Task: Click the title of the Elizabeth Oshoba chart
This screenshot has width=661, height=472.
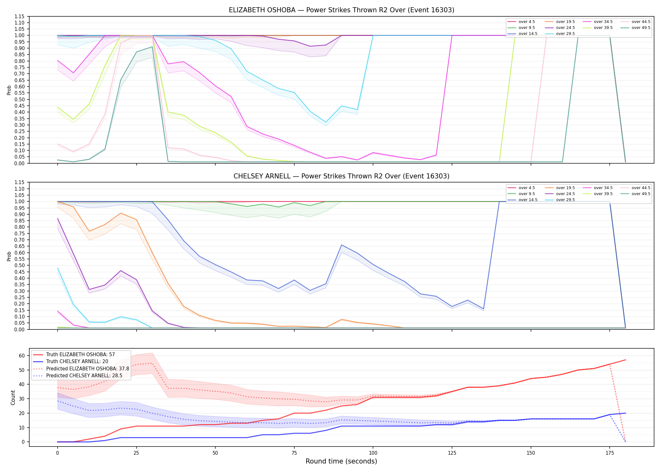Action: [x=342, y=10]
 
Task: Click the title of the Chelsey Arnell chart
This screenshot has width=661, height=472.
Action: [x=342, y=176]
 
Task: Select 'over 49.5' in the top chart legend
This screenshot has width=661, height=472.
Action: [x=641, y=28]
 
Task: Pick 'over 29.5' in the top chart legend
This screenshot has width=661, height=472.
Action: [x=565, y=34]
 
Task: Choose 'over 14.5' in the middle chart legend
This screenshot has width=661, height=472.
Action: [x=528, y=200]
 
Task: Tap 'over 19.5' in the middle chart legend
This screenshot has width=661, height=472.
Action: [x=565, y=188]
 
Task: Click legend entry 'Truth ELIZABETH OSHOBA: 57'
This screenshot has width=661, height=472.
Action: [x=81, y=355]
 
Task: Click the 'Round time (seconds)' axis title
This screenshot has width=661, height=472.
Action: [x=342, y=461]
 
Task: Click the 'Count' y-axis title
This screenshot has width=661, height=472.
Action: [x=13, y=397]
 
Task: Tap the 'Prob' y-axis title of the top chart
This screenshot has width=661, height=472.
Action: [x=9, y=90]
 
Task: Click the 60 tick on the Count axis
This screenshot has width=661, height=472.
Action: [x=22, y=356]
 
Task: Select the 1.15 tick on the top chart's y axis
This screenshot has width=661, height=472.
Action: [x=20, y=16]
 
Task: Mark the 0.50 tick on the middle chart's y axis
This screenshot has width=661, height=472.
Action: [x=20, y=265]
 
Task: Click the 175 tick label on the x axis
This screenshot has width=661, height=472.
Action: [x=610, y=453]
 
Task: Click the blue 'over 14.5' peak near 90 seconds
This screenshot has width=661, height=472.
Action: [x=342, y=245]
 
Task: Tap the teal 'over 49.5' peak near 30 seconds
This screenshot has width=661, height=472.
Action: [x=152, y=47]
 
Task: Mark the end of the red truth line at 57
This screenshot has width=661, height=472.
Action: [x=625, y=360]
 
